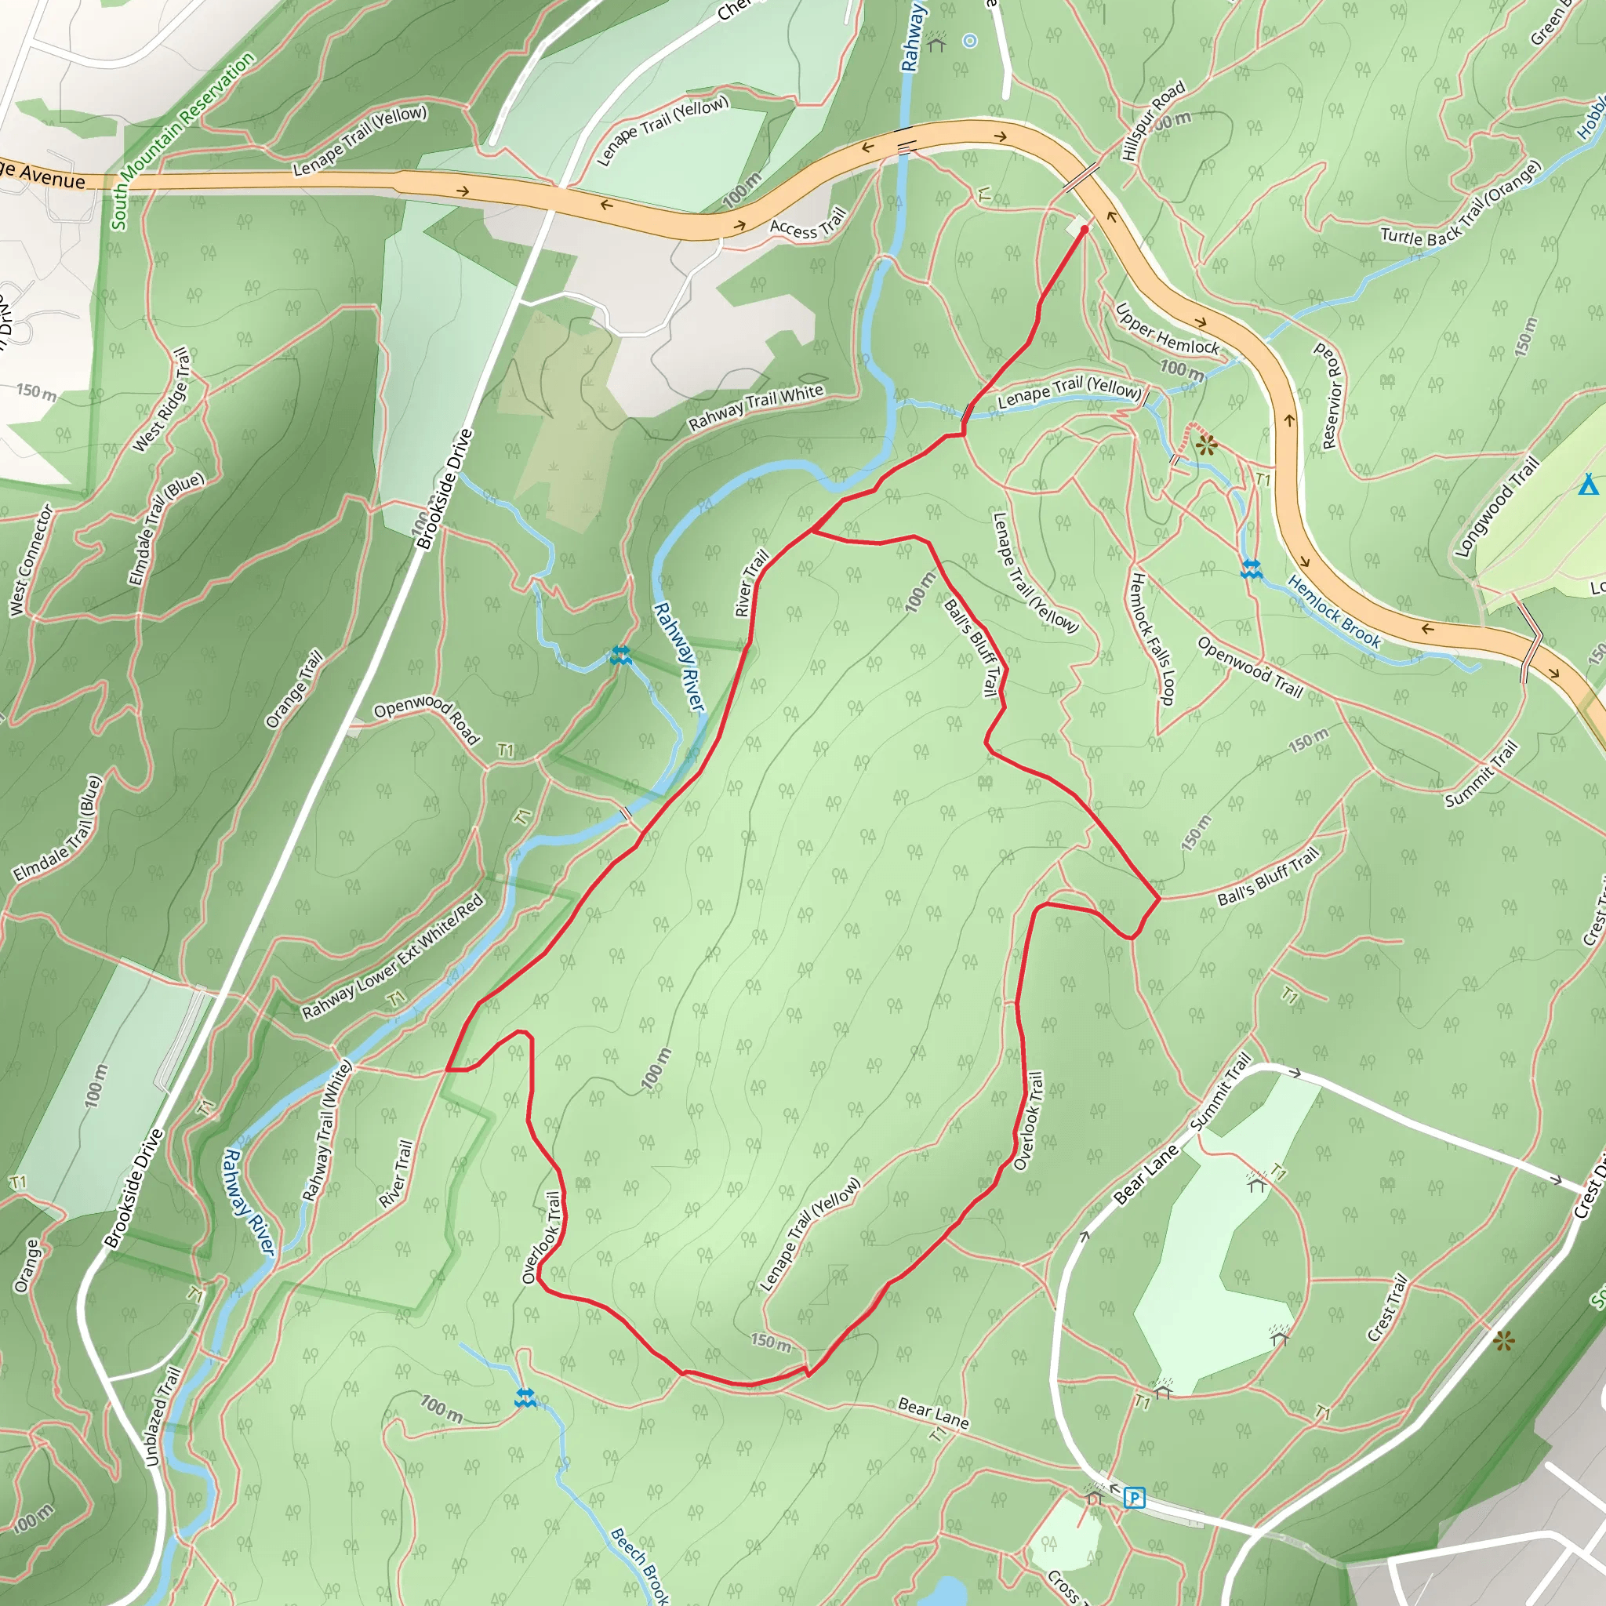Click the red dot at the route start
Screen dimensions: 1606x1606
(x=1084, y=230)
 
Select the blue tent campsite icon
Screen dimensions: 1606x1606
(x=1588, y=484)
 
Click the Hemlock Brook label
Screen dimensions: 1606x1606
(x=1334, y=612)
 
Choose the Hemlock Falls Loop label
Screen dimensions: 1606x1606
(x=1151, y=638)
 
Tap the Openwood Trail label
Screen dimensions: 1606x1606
(x=1249, y=666)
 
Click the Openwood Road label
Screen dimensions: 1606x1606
(x=427, y=718)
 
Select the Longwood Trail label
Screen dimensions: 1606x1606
(x=1496, y=507)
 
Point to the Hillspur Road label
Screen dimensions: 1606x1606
(x=1153, y=122)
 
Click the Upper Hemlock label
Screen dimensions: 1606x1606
(x=1167, y=329)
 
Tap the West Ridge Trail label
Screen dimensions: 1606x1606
(x=162, y=400)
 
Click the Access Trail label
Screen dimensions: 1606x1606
(x=807, y=223)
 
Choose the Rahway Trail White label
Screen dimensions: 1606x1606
(x=756, y=407)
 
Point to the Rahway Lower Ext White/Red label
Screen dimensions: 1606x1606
(x=392, y=957)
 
